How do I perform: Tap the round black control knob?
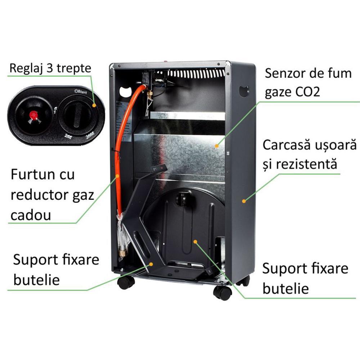(x=77, y=116)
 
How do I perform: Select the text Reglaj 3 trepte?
(x=50, y=68)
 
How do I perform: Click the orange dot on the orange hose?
(x=118, y=176)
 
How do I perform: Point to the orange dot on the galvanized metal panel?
(x=216, y=146)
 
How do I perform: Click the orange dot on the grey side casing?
(x=243, y=201)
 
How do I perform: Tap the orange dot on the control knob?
(x=94, y=106)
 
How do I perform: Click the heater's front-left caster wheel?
(x=126, y=283)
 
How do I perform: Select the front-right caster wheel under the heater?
(x=222, y=292)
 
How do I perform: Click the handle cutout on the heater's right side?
(x=244, y=91)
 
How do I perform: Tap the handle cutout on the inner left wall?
(x=125, y=90)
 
